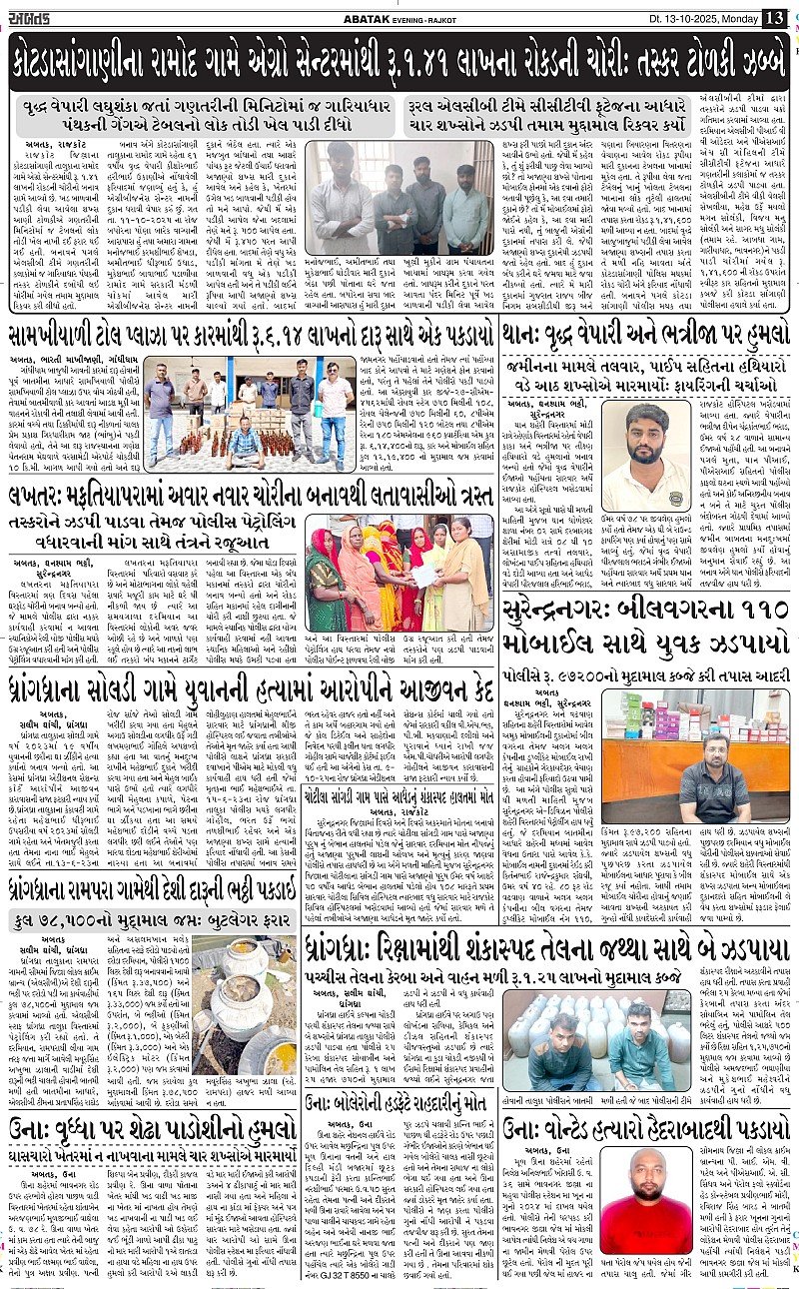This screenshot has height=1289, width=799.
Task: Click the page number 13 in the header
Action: click(x=774, y=17)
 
